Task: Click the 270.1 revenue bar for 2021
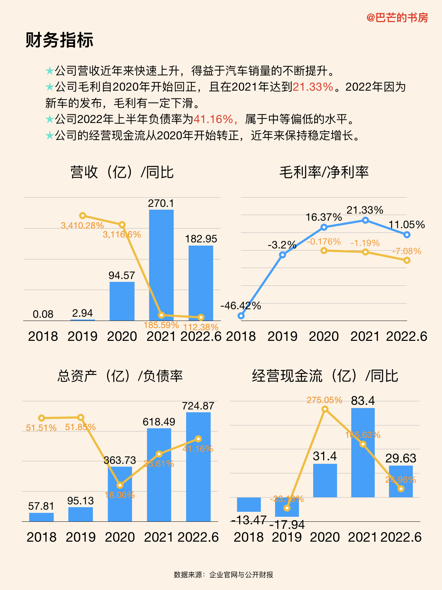[161, 265]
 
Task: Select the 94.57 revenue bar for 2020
[122, 301]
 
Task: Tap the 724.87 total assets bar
[198, 467]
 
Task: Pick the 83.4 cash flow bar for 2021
[363, 452]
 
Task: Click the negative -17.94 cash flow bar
[287, 507]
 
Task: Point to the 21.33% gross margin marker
[365, 220]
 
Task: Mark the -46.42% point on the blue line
[241, 316]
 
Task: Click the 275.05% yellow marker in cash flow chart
[325, 409]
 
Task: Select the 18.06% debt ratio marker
[120, 485]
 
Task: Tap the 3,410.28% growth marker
[83, 215]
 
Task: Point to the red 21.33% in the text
[313, 87]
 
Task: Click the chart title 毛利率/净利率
[324, 172]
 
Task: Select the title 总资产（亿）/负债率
[120, 376]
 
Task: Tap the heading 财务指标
[59, 40]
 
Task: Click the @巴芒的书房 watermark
[397, 17]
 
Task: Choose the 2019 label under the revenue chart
[83, 336]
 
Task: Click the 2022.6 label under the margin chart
[406, 336]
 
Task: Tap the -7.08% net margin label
[406, 251]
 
